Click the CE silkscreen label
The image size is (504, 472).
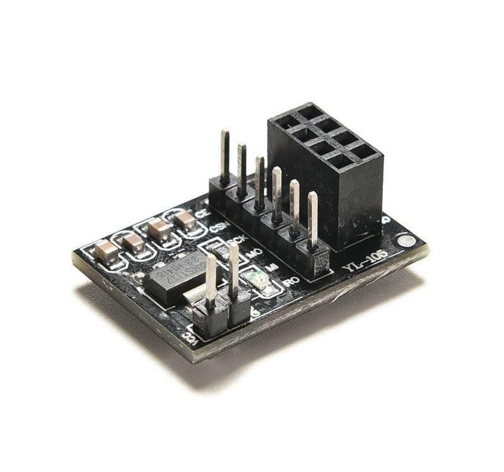(202, 214)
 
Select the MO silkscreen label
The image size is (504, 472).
(254, 253)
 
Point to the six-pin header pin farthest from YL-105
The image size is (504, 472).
(225, 155)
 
